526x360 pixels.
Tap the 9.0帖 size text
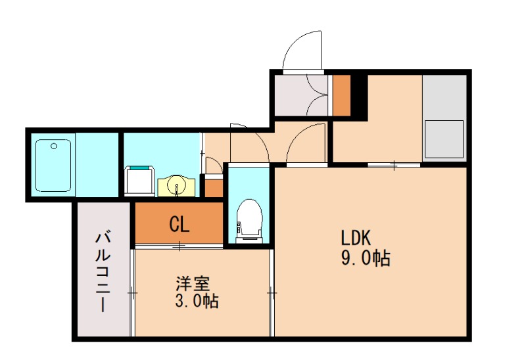point(365,258)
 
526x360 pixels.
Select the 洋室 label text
point(192,284)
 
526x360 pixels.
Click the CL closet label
point(179,225)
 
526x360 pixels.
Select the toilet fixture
point(248,219)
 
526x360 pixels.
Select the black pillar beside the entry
point(358,95)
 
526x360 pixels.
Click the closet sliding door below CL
point(179,246)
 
